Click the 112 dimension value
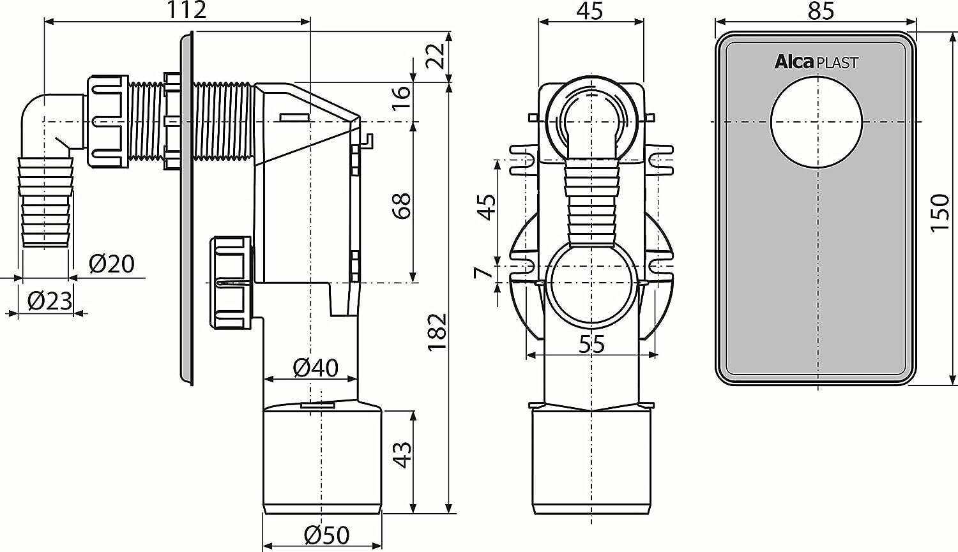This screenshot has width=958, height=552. pos(186,10)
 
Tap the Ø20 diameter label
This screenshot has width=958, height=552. pos(112,264)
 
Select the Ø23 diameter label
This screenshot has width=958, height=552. pos(50,301)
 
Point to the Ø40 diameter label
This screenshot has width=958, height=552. pos(316,368)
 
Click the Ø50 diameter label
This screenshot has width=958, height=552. pos(327,535)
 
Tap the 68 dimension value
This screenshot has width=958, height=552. pos(402,206)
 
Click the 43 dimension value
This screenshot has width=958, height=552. pos(402,454)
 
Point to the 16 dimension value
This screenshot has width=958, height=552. pos(402,98)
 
